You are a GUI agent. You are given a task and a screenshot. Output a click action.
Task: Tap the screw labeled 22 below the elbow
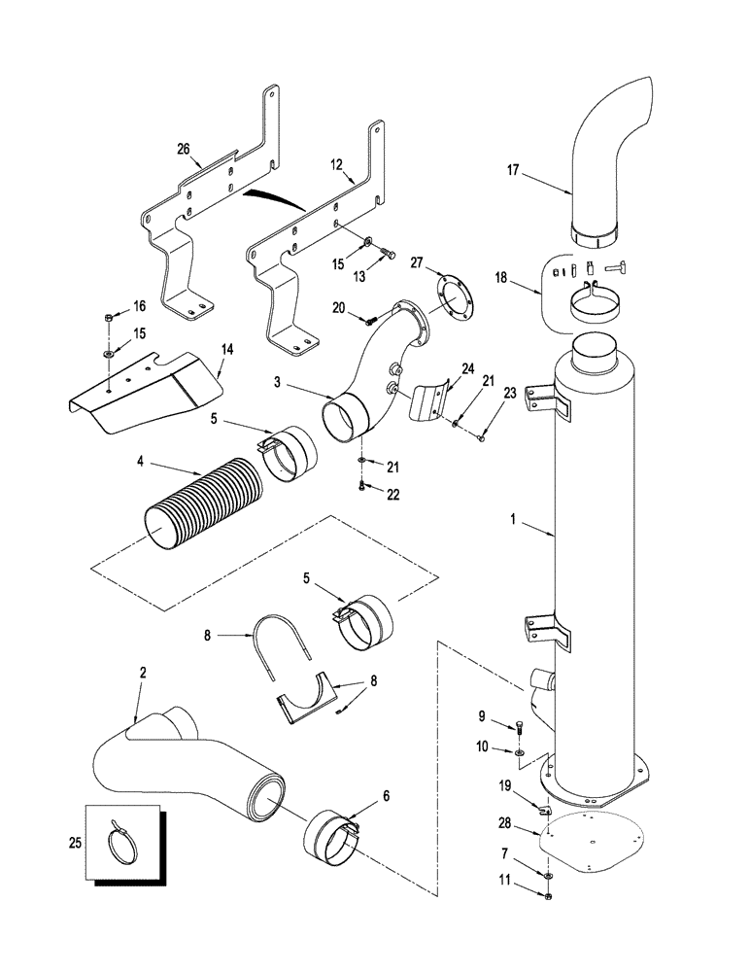pyautogui.click(x=361, y=483)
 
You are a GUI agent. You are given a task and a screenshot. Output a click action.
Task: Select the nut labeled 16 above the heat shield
pyautogui.click(x=110, y=317)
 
